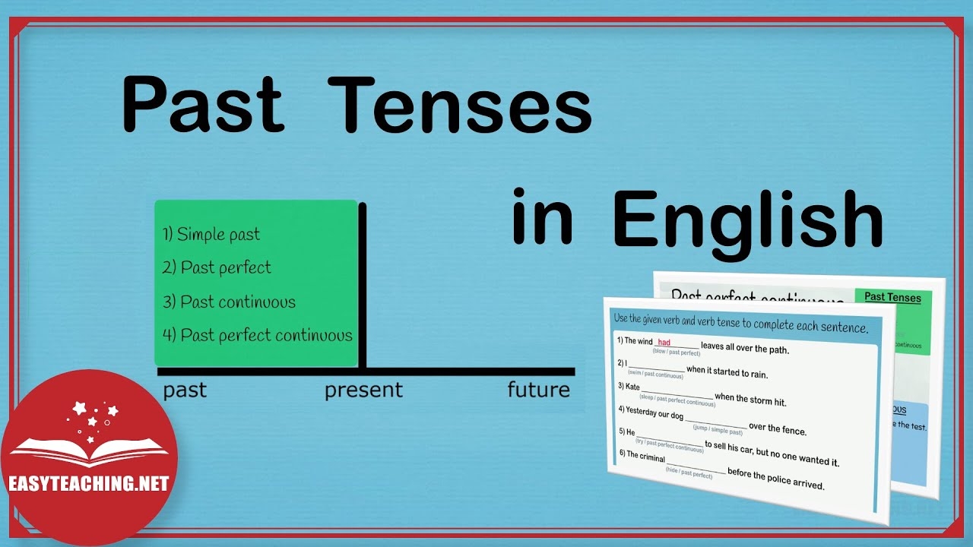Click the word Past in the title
203,106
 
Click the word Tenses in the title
462,106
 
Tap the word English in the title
748,220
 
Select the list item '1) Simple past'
211,234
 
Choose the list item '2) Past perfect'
217,267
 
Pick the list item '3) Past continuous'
229,302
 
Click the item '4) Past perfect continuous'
258,335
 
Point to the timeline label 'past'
185,390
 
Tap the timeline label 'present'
363,390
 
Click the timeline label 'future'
538,390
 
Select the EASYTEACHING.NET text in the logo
88,484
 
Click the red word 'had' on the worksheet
664,343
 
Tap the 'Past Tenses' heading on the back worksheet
892,297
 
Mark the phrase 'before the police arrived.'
775,479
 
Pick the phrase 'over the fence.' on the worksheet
777,428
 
